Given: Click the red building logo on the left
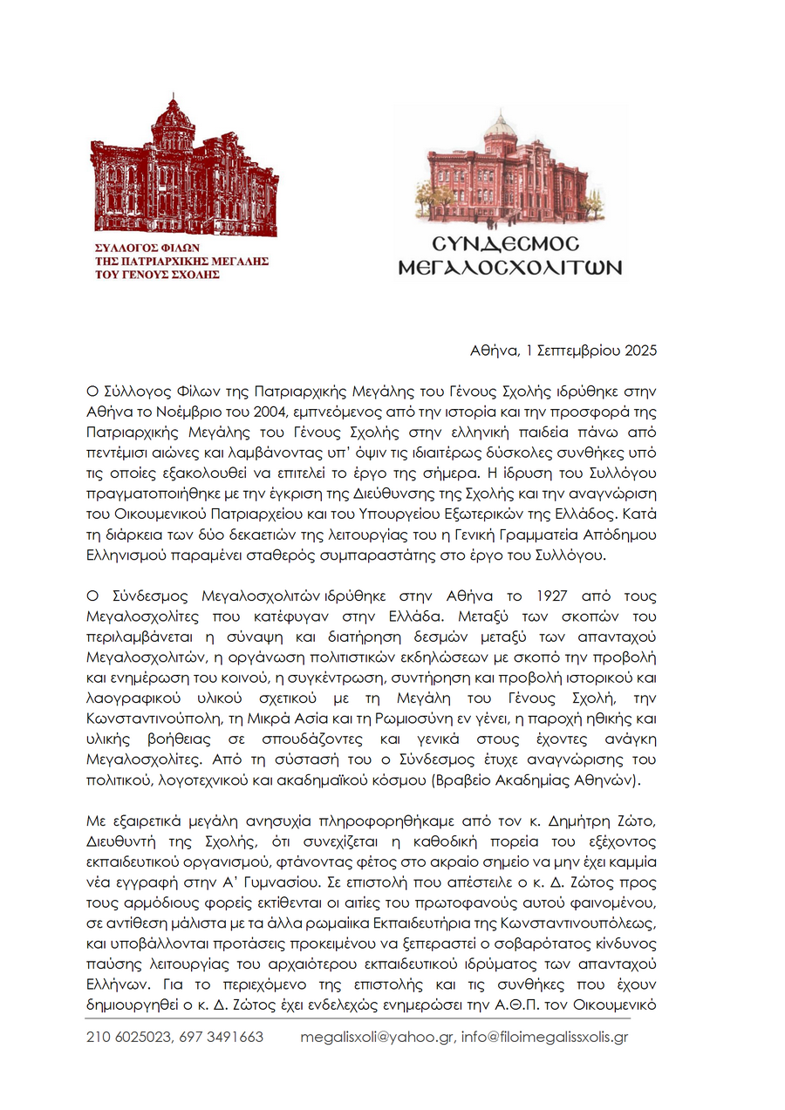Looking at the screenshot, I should pos(184,166).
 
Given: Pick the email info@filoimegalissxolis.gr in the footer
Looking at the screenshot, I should pos(545,1038).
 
